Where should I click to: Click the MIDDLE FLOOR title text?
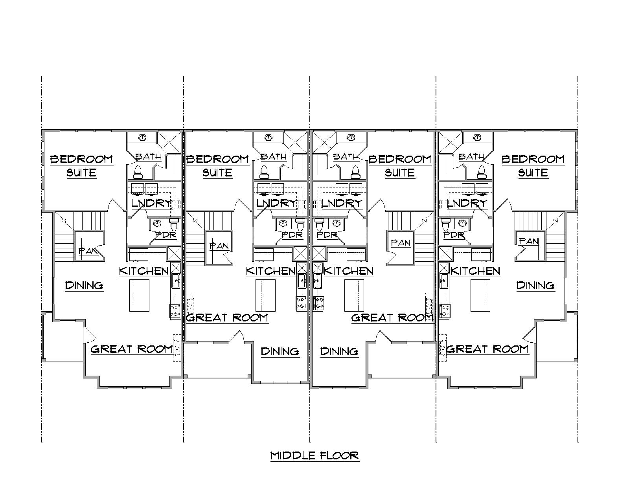(x=314, y=455)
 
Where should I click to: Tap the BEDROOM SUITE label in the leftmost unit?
(x=81, y=165)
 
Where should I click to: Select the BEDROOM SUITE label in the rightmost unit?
(x=533, y=165)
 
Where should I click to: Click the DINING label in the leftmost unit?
(x=84, y=285)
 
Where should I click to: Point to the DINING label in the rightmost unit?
(x=535, y=285)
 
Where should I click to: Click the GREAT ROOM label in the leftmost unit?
(x=132, y=349)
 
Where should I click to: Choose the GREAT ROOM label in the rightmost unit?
(x=487, y=349)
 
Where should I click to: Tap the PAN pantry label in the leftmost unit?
(x=88, y=251)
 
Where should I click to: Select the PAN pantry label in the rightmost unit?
(x=529, y=241)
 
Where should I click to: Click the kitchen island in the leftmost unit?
(x=139, y=295)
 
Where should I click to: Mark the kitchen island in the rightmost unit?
(x=480, y=295)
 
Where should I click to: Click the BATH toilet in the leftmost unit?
(x=138, y=171)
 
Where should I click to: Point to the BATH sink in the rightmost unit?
(x=477, y=137)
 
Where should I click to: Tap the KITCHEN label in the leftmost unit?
(x=143, y=271)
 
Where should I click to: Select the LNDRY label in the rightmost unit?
(x=467, y=203)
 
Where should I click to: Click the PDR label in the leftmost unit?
(x=166, y=235)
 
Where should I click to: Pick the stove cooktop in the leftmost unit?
(x=175, y=311)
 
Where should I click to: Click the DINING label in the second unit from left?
(x=280, y=351)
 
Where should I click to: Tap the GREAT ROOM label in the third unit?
(x=392, y=318)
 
